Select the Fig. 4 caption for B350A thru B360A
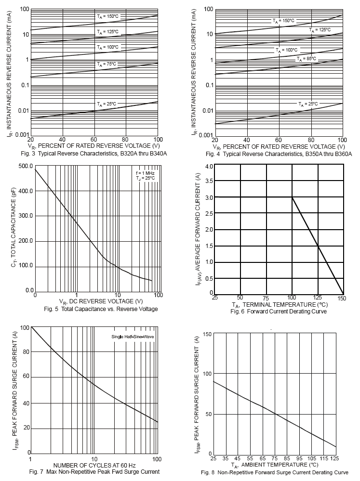click(x=279, y=154)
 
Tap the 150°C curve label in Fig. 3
click(x=107, y=16)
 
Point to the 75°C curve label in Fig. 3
click(x=107, y=64)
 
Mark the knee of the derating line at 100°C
click(x=292, y=197)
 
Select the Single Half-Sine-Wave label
click(x=133, y=335)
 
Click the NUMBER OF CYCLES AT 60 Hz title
click(x=94, y=465)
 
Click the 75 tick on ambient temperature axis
click(x=275, y=459)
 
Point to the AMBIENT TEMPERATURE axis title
click(x=274, y=466)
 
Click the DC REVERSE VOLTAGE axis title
click(x=97, y=301)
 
